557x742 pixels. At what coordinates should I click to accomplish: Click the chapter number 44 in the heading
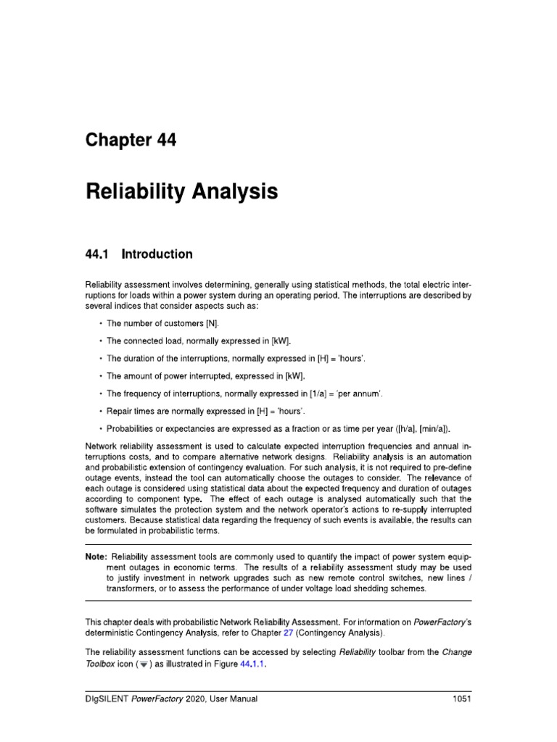click(161, 141)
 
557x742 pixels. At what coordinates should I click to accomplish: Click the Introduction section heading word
click(157, 254)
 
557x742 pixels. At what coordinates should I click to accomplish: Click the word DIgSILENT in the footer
click(110, 699)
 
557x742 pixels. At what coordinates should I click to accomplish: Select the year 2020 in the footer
click(208, 699)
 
